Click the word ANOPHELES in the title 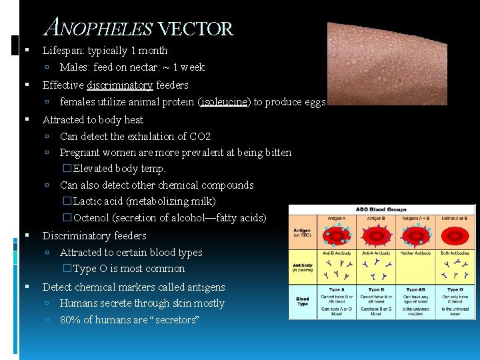click(98, 29)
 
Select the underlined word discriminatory click(119, 85)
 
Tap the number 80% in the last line click(70, 320)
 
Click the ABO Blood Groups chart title click(380, 209)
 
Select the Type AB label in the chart click(416, 290)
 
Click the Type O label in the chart click(456, 290)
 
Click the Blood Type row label click(302, 301)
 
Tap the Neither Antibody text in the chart click(416, 253)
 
